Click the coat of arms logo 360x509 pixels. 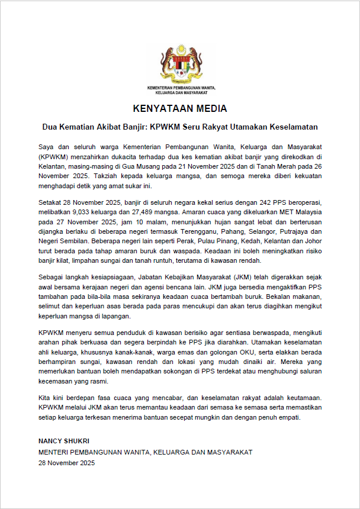[x=180, y=64]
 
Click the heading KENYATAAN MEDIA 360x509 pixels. [x=180, y=109]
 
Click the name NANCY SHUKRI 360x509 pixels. [x=64, y=441]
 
